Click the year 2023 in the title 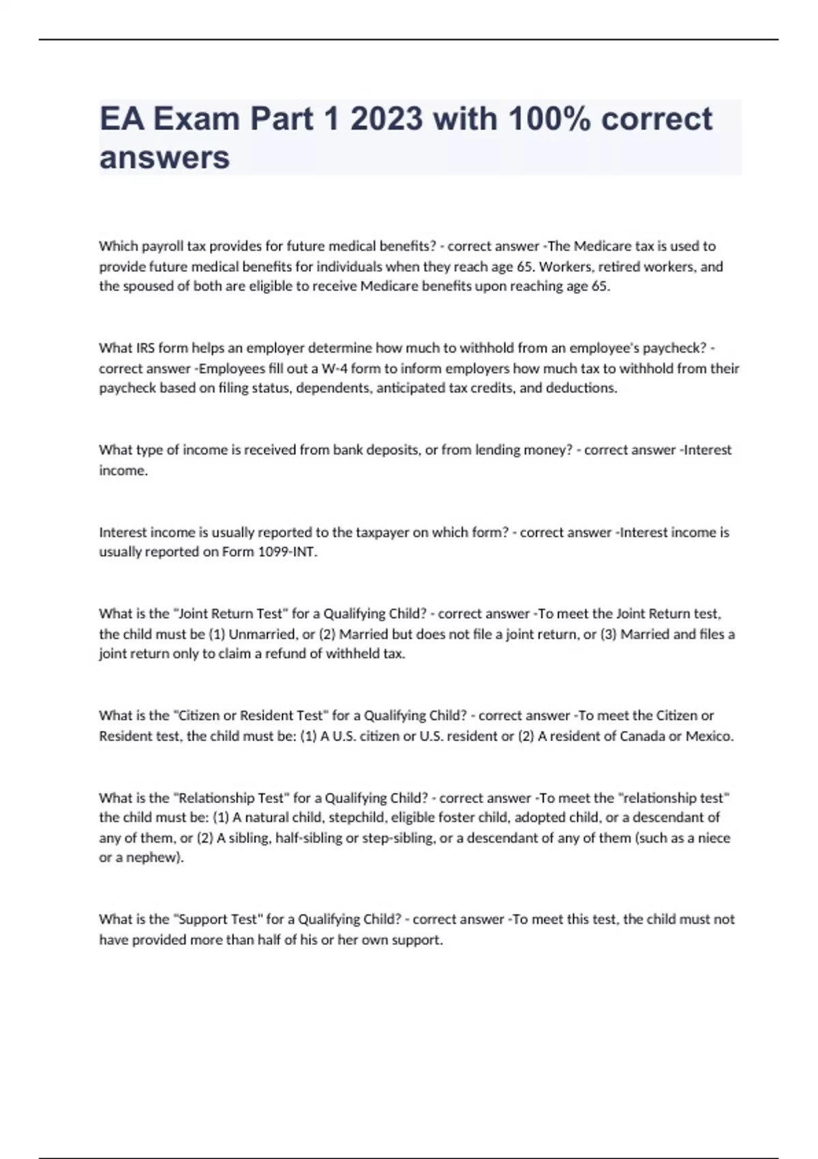[386, 119]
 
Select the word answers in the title [164, 157]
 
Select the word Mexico [709, 736]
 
